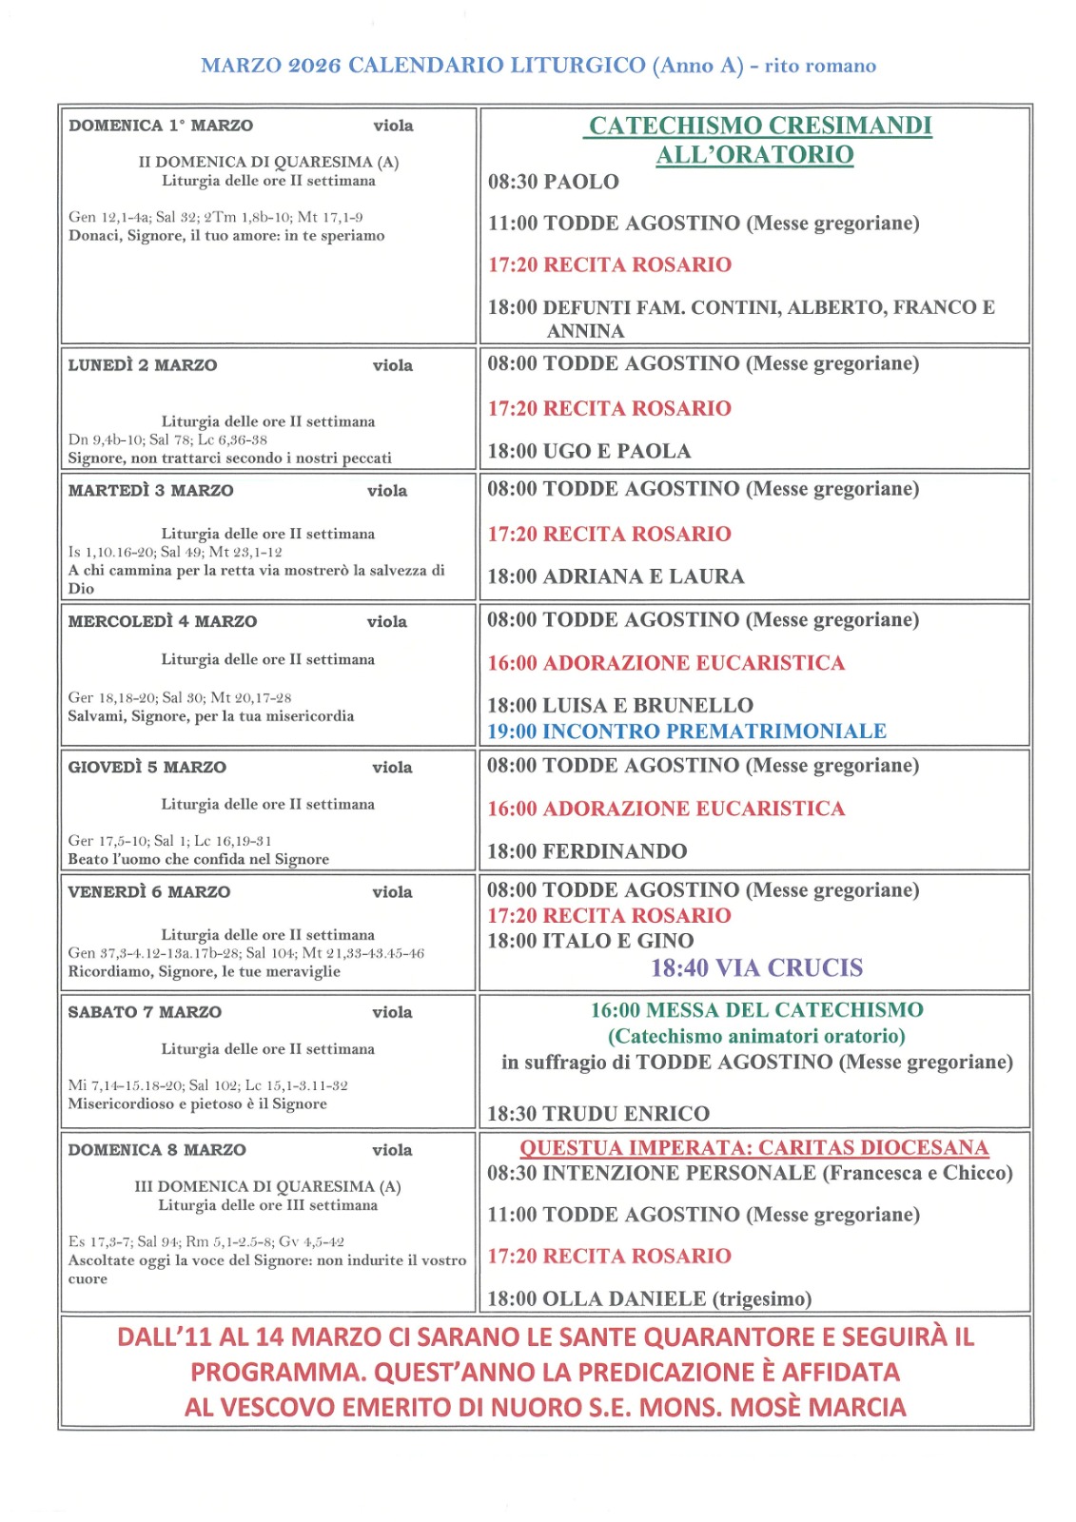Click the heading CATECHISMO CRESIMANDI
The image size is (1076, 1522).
(x=759, y=126)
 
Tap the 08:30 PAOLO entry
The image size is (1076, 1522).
(x=553, y=182)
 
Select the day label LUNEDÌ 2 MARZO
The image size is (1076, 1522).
(x=143, y=365)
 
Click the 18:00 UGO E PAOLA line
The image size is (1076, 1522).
(x=589, y=451)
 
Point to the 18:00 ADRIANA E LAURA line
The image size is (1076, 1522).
(x=616, y=576)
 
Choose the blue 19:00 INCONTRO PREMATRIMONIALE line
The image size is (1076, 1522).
(x=686, y=732)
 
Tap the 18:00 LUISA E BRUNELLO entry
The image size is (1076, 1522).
(x=619, y=706)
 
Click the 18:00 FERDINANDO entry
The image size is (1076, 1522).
(x=587, y=851)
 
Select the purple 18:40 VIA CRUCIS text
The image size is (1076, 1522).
(x=756, y=968)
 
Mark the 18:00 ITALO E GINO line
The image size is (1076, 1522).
(x=590, y=941)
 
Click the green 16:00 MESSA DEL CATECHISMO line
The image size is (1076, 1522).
(x=756, y=1010)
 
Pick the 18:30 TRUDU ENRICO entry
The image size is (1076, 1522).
(x=598, y=1114)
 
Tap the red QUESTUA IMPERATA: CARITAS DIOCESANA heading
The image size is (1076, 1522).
(x=753, y=1148)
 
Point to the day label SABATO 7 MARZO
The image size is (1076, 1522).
(x=145, y=1012)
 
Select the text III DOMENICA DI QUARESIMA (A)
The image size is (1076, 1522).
(x=267, y=1186)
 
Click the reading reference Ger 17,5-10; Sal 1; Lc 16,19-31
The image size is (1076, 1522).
(x=169, y=841)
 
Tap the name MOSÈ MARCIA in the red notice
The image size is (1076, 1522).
(x=817, y=1407)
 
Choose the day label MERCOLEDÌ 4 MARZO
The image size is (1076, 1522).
(x=162, y=621)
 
